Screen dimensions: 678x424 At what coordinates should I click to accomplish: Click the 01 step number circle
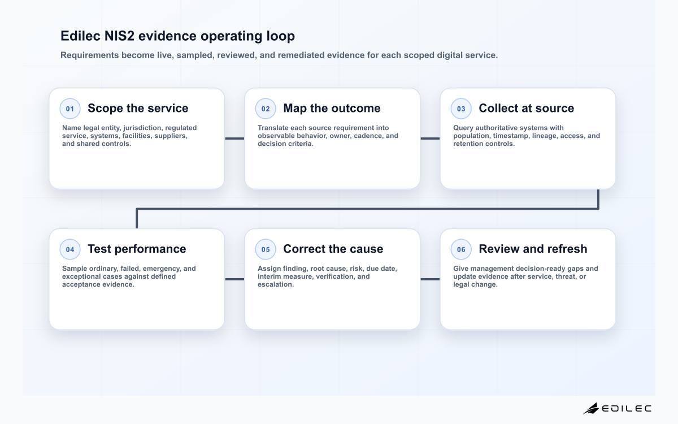pos(70,109)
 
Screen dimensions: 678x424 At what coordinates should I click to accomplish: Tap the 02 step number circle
pos(266,109)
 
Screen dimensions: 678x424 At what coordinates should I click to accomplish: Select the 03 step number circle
pos(461,109)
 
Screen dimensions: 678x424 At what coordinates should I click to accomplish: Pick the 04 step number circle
pos(70,249)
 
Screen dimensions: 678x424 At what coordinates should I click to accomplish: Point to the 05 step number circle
pos(266,249)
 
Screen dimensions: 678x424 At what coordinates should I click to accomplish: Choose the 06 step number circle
pos(461,249)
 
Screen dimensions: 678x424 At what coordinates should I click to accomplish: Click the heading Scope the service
pos(138,108)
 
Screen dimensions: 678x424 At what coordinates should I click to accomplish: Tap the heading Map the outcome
pos(332,108)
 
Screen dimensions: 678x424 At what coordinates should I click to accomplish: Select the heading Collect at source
pos(527,108)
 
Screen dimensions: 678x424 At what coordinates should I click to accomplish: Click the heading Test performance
pos(137,249)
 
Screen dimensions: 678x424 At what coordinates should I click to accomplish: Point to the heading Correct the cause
pos(333,249)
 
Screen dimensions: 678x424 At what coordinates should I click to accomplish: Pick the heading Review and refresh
pos(533,249)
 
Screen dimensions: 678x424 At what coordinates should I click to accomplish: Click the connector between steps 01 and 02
pos(234,139)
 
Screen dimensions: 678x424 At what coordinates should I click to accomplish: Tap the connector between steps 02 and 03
pos(430,139)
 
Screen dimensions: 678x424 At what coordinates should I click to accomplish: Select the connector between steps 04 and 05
pos(234,279)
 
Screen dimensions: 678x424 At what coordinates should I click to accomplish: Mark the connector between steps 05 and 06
pos(430,279)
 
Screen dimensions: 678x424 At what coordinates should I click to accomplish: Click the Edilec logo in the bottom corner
pos(618,409)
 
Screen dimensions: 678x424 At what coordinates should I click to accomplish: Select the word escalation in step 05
pos(276,284)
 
